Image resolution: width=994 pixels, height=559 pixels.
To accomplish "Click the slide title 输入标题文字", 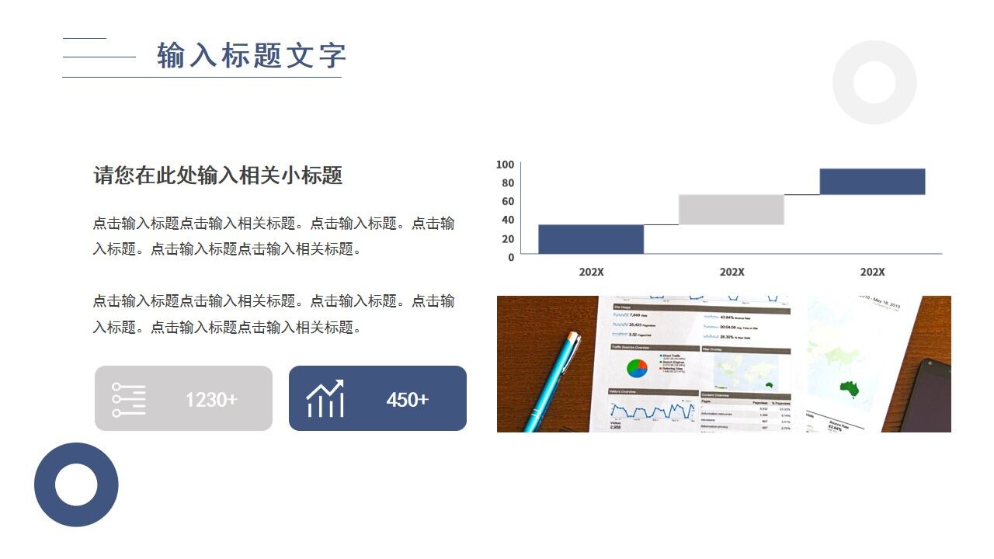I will click(251, 56).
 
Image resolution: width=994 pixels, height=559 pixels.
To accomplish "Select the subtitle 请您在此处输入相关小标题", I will click(217, 175).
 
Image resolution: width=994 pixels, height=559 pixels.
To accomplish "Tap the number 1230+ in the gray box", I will click(211, 400).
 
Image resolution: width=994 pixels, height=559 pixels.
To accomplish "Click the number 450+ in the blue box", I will click(407, 400).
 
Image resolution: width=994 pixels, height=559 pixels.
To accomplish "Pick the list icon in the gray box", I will click(128, 399).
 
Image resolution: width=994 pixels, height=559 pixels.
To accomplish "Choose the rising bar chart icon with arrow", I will click(325, 399).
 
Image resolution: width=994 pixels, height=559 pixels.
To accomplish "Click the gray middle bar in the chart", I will click(731, 210).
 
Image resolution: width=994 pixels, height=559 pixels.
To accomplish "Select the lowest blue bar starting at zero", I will click(591, 239).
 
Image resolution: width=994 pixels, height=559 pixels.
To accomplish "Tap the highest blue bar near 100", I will click(872, 182).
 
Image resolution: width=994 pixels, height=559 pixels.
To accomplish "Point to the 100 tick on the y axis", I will click(505, 165).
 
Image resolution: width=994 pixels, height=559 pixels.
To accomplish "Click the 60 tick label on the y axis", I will click(507, 202).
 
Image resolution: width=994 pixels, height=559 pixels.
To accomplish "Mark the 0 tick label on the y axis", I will click(511, 257).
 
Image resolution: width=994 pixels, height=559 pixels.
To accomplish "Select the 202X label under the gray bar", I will click(732, 273).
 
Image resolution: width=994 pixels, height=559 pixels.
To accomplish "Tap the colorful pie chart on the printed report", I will click(637, 368).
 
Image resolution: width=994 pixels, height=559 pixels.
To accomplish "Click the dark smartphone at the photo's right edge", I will click(930, 396).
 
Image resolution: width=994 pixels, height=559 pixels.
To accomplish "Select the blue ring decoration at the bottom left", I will click(76, 484).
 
